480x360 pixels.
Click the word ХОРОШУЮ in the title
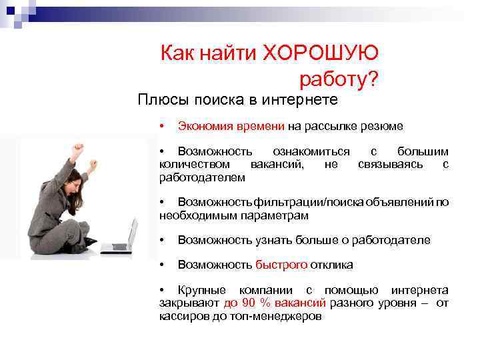tap(320, 53)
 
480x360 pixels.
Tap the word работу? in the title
tap(339, 79)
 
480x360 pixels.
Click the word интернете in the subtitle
tap(300, 100)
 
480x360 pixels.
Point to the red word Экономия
tap(205, 127)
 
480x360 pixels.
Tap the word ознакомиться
tap(311, 152)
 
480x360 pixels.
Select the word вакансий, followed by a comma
tap(277, 165)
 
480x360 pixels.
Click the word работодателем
tap(203, 177)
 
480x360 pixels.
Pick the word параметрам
tap(274, 216)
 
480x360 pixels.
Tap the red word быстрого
tap(281, 265)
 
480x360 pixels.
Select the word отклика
tap(331, 265)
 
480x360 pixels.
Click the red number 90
tap(249, 303)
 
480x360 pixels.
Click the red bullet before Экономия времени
tap(162, 126)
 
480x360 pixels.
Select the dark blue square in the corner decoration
tap(11, 11)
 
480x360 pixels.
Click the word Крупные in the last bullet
tap(202, 290)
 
